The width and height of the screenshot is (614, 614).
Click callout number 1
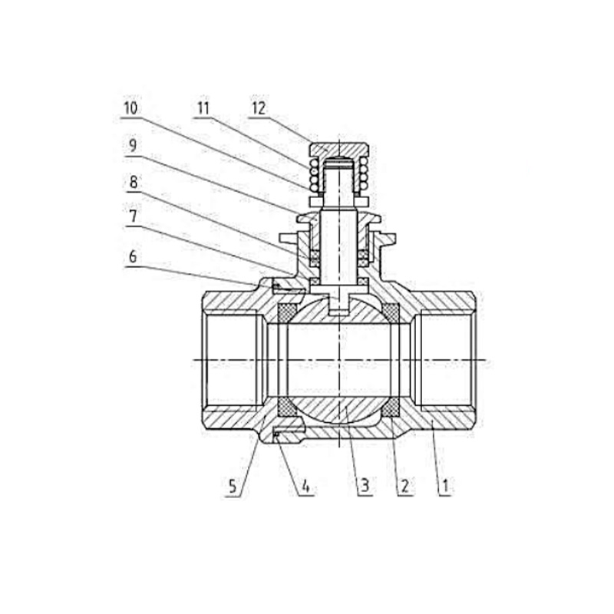pos(444,487)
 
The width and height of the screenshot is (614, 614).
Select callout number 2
pos(404,487)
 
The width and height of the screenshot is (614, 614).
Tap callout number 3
pos(364,487)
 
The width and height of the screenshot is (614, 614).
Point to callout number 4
pos(305,487)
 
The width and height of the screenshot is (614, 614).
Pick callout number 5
pos(233,487)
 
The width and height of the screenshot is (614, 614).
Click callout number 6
pos(133,257)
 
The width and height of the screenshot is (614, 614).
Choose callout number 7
pos(133,216)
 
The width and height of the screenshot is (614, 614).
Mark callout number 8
pos(133,182)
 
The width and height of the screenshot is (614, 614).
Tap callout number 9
pos(133,146)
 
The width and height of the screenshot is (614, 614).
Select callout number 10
pos(130,108)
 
